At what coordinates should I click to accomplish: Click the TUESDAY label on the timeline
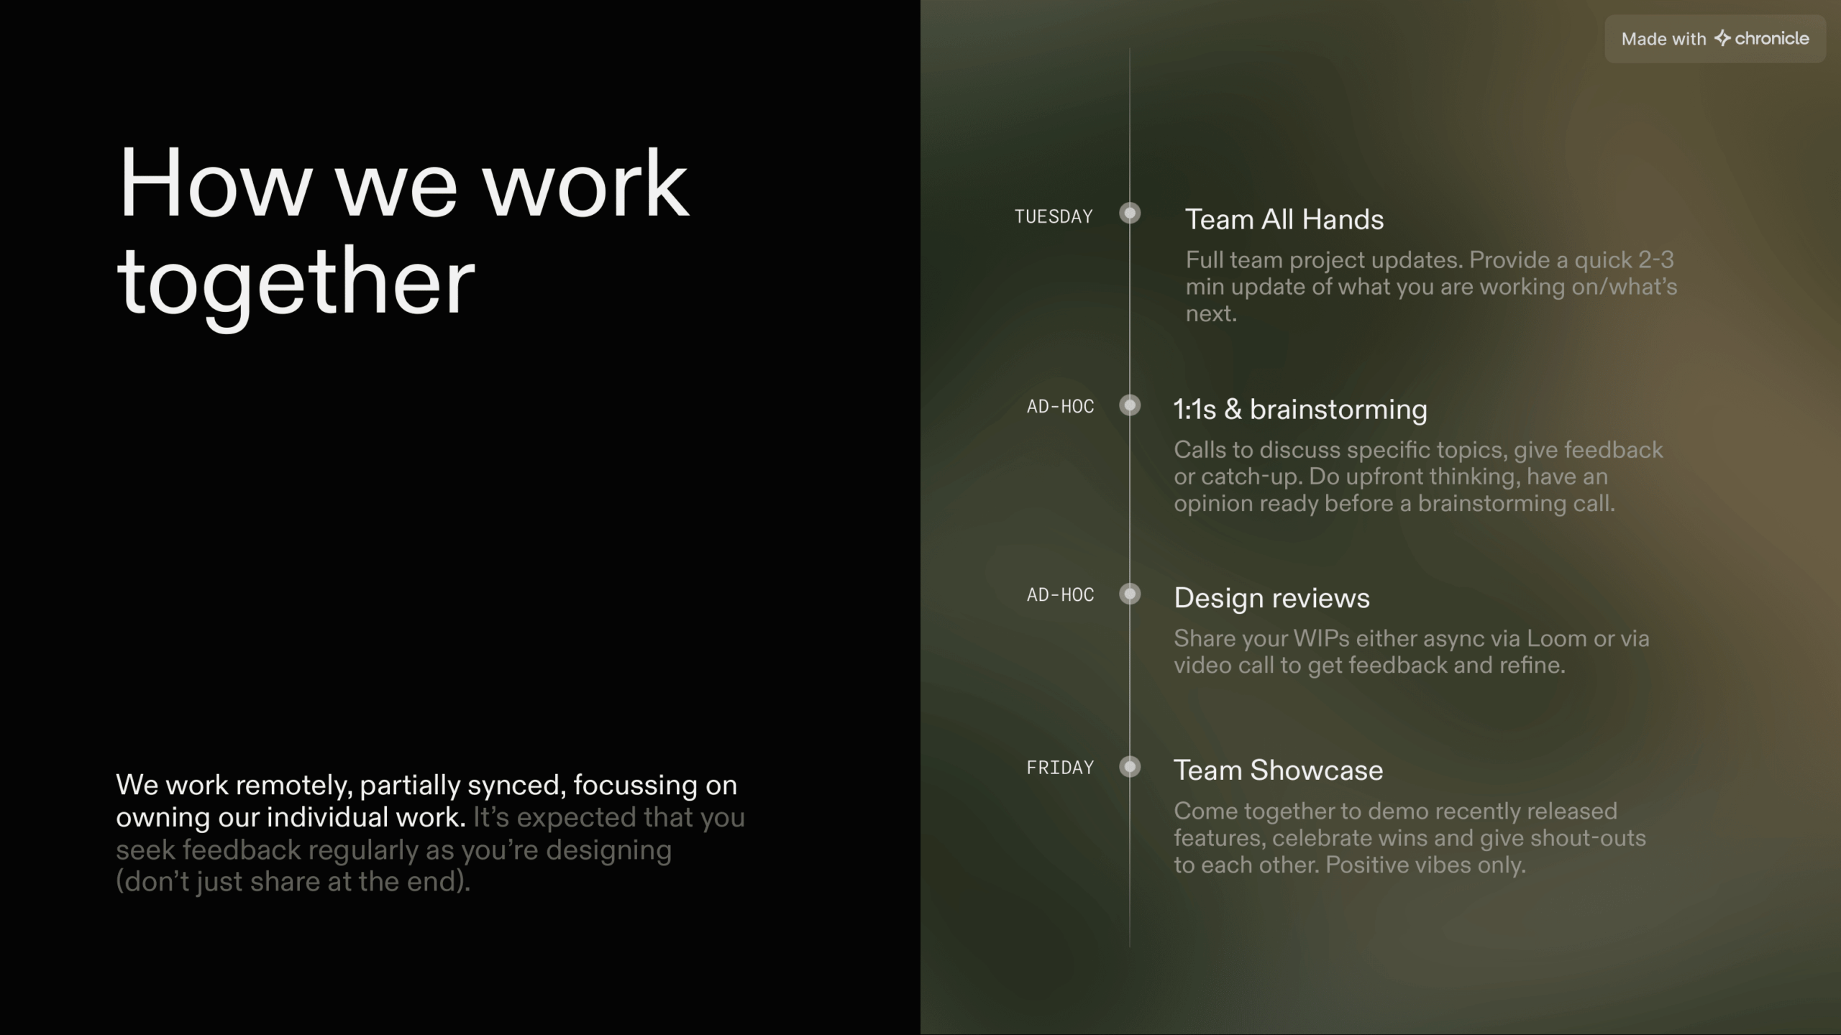click(x=1054, y=216)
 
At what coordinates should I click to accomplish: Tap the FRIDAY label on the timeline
click(x=1060, y=768)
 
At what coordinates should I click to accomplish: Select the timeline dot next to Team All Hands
click(x=1130, y=213)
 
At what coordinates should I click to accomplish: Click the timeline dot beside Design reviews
click(x=1130, y=594)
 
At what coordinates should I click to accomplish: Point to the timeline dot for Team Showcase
click(x=1130, y=767)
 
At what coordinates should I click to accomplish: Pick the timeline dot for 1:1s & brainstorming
click(x=1130, y=405)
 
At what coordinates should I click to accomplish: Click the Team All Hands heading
click(x=1284, y=219)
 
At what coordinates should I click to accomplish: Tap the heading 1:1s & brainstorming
click(x=1300, y=409)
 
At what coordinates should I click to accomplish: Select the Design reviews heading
click(x=1271, y=598)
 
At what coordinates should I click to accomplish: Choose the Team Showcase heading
click(x=1278, y=770)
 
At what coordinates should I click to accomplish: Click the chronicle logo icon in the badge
click(x=1722, y=38)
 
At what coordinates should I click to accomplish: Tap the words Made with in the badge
click(x=1663, y=39)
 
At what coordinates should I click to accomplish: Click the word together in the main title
click(x=296, y=282)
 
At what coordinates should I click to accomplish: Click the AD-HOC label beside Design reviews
click(x=1060, y=595)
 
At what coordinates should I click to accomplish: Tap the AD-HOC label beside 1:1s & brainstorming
click(x=1060, y=407)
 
